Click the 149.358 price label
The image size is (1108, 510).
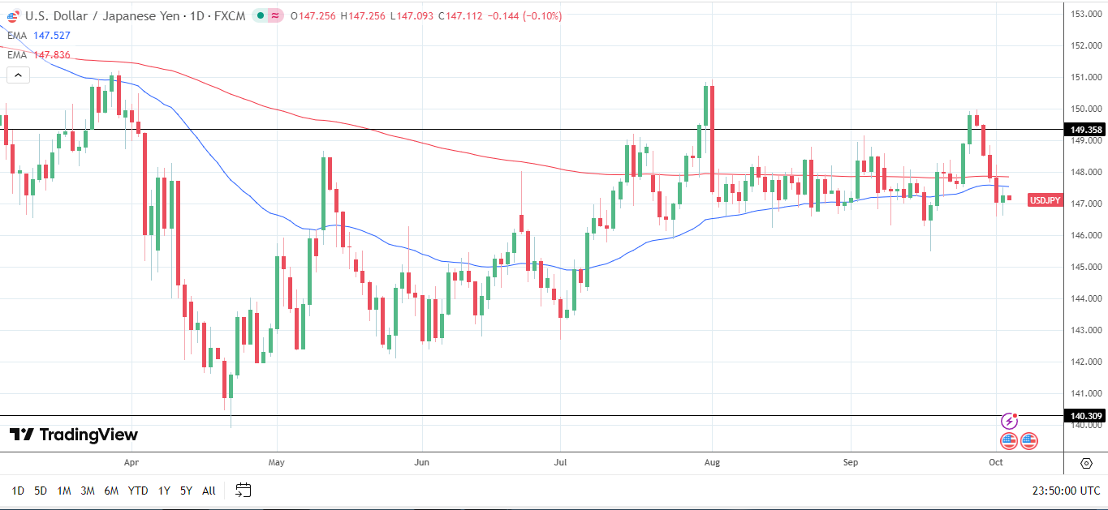coord(1085,130)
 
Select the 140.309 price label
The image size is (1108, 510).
coord(1085,416)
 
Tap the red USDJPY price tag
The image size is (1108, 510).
coord(1045,200)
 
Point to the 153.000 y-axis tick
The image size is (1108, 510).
coord(1085,14)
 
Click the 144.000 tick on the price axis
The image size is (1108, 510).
coord(1085,298)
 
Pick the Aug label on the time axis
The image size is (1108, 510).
coord(712,463)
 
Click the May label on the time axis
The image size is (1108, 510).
coord(277,463)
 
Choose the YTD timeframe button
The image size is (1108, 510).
coord(138,491)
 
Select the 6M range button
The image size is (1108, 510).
coord(111,491)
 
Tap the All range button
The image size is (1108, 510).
coord(209,491)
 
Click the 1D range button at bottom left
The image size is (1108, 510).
coord(18,491)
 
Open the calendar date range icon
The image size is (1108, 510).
coord(243,490)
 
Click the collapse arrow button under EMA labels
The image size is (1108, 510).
coord(18,75)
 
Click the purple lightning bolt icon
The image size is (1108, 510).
coord(1009,421)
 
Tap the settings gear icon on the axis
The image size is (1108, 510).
coord(1086,463)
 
